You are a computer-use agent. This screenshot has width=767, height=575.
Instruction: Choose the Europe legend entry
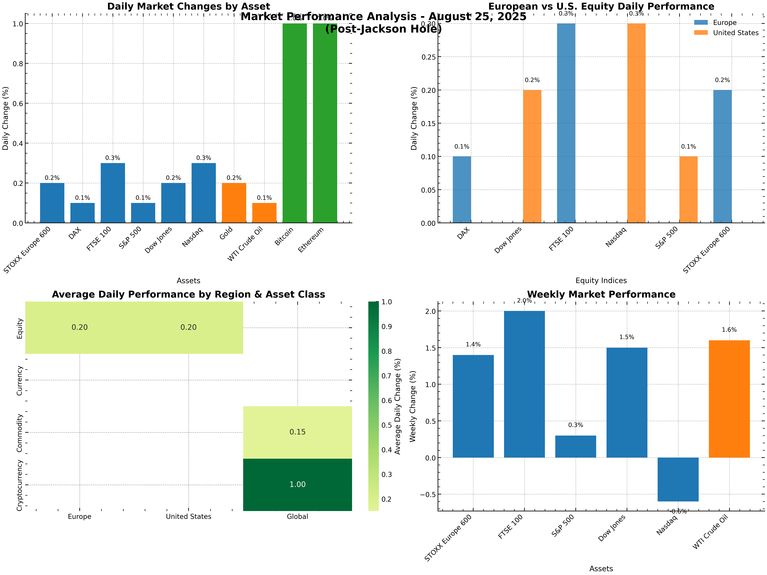point(725,22)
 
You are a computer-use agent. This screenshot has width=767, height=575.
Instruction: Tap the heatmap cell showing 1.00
point(297,485)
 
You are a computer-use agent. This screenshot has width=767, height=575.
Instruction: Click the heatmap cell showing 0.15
point(297,432)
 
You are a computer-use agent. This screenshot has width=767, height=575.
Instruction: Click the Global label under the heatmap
point(297,516)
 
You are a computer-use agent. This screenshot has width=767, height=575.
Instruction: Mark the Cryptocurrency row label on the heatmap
point(19,485)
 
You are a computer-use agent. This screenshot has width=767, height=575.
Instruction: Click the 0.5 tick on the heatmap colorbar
point(387,425)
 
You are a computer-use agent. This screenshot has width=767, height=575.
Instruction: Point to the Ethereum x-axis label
point(311,240)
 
